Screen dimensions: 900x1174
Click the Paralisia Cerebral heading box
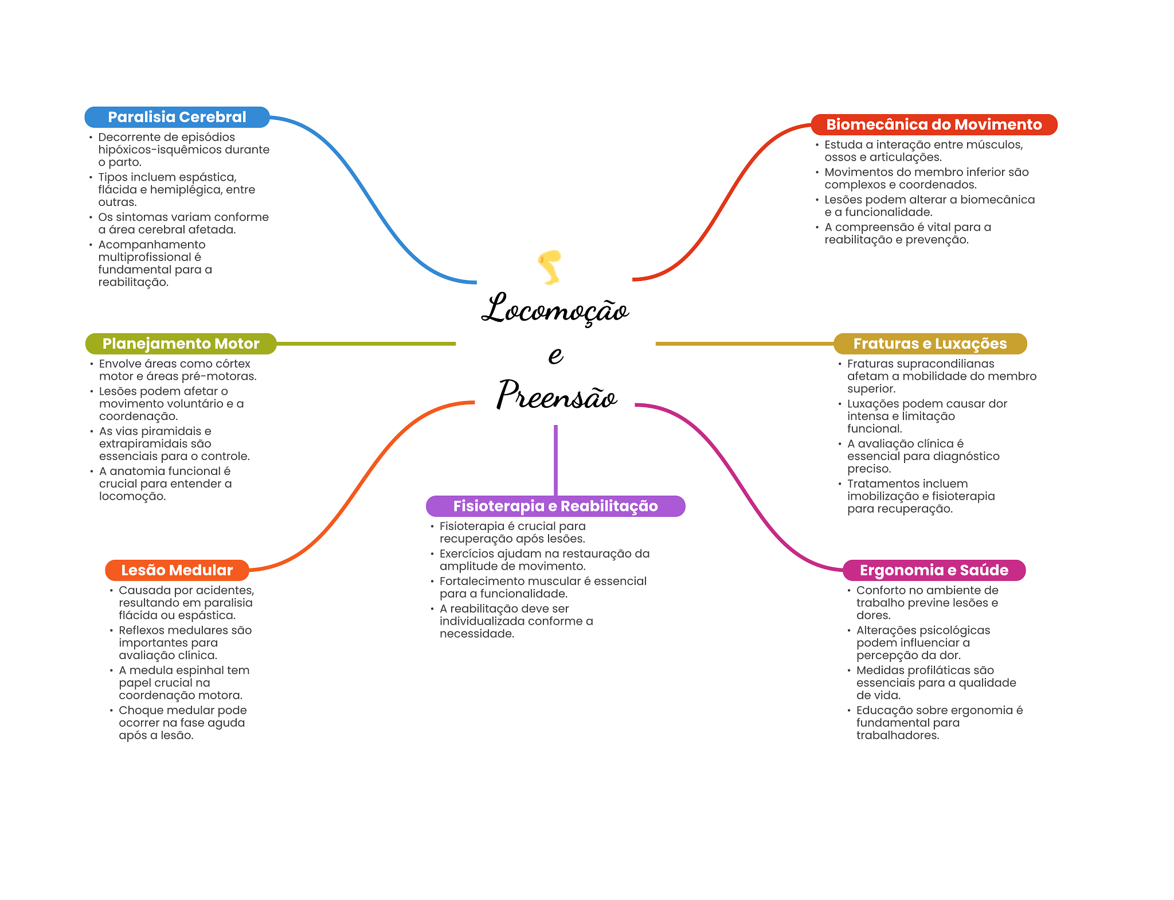point(177,117)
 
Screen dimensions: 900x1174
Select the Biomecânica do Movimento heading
point(933,124)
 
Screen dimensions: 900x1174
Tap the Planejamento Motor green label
point(181,344)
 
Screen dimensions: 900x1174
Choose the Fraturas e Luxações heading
point(929,344)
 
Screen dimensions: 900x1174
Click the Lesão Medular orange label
point(177,570)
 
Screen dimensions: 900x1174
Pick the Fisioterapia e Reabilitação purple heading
point(555,506)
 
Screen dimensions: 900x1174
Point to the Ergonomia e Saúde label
point(933,570)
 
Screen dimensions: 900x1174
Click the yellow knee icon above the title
point(550,267)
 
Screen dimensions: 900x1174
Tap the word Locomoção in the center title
point(554,310)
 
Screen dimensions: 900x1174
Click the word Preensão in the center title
point(556,396)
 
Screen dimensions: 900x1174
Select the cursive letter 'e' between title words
point(555,355)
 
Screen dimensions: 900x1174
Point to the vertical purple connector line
point(555,459)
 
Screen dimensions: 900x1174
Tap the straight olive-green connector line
point(367,344)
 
